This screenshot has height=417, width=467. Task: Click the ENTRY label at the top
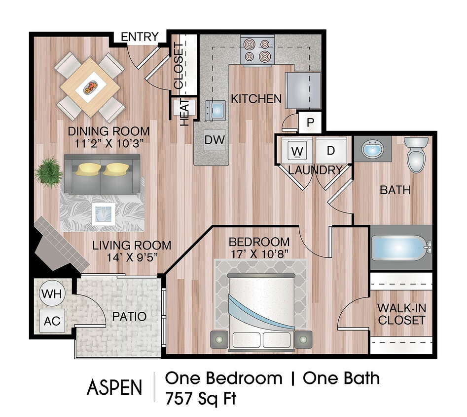[x=140, y=37]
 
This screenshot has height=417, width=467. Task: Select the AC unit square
[x=52, y=321]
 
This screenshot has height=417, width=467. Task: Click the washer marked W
[x=296, y=150]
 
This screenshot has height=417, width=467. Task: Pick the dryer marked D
[x=331, y=150]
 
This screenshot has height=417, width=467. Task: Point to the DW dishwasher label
[x=215, y=140]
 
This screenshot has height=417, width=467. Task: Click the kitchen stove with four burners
[x=257, y=50]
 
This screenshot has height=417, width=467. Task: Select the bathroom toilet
[x=416, y=154]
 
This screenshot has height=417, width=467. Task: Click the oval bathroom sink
[x=373, y=148]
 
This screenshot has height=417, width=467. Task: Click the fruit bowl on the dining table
[x=90, y=87]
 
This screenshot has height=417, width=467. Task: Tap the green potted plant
[x=48, y=171]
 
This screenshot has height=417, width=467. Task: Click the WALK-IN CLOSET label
[x=401, y=314]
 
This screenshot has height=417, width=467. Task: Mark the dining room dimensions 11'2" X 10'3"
[x=108, y=144]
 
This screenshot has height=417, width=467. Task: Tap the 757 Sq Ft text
[x=201, y=398]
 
